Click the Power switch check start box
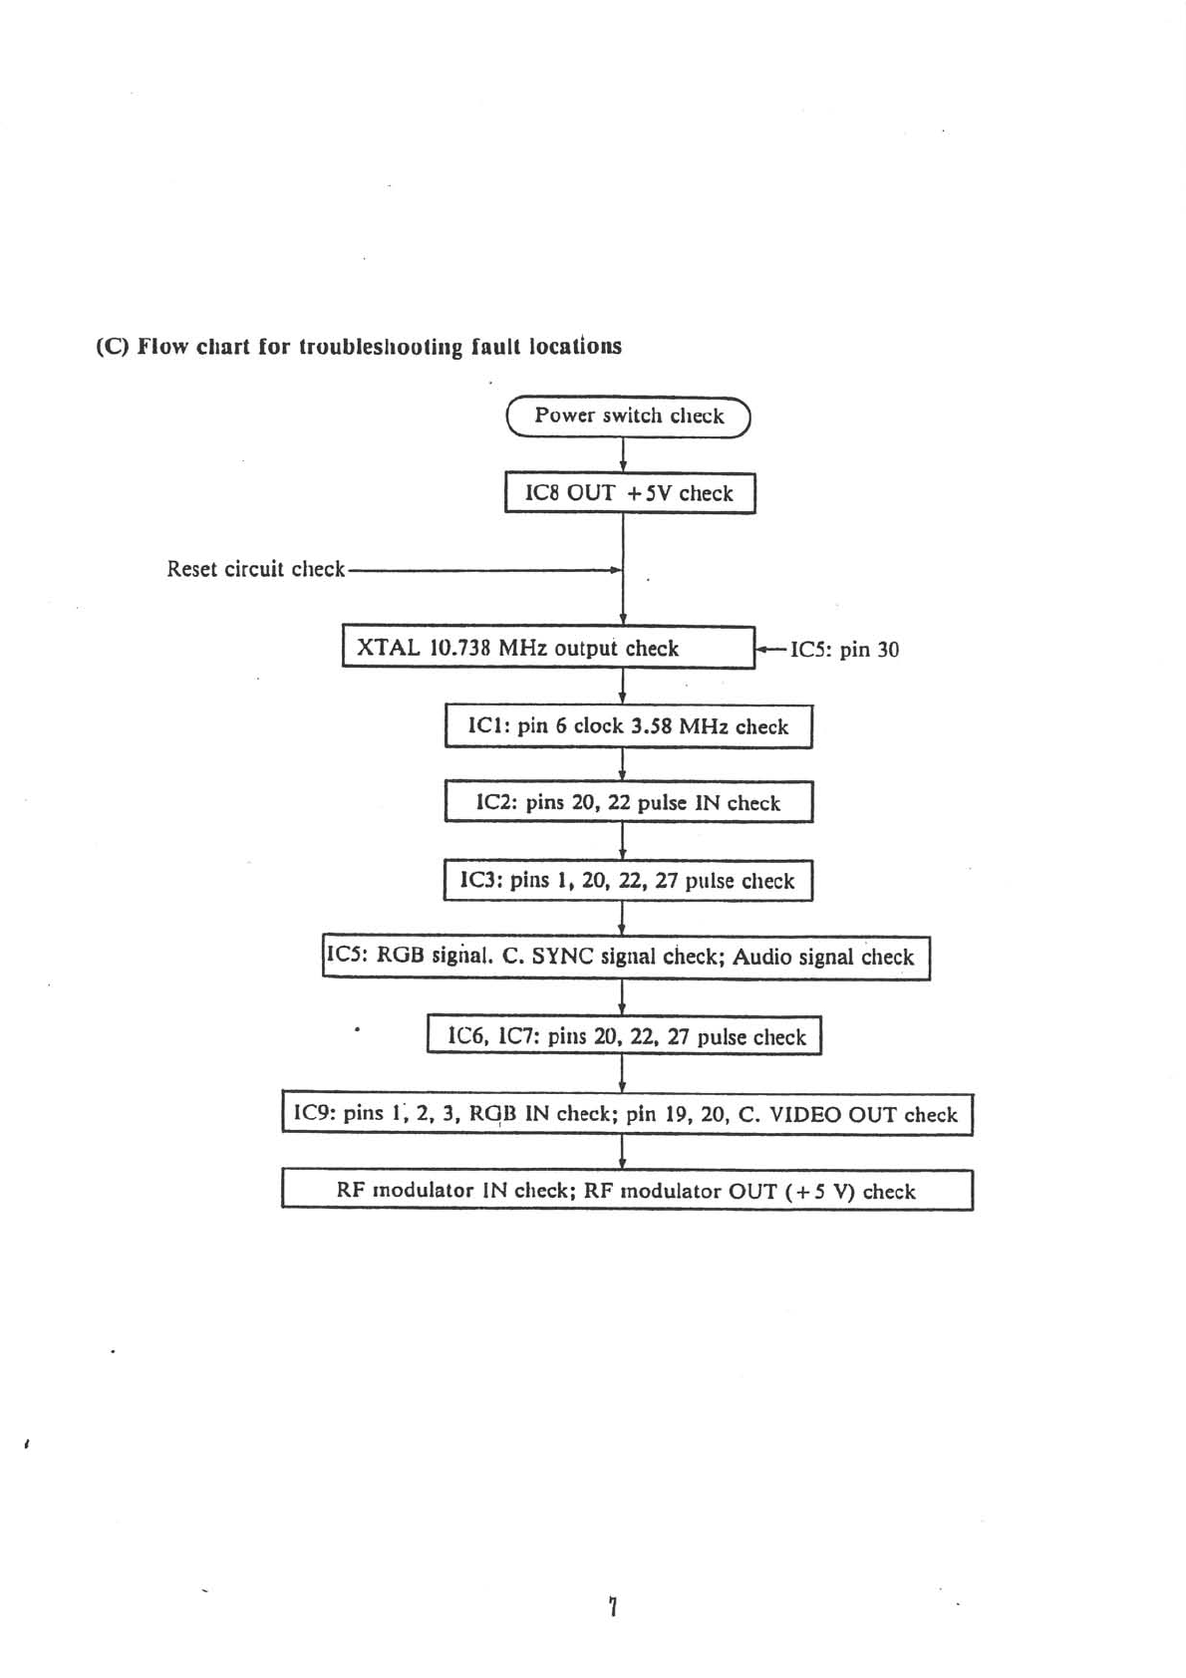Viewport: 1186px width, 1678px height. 628,417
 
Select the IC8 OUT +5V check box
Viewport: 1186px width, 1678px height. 629,493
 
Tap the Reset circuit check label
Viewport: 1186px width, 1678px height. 255,569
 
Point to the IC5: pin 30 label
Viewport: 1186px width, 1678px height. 843,650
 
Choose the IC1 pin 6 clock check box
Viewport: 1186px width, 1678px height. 628,726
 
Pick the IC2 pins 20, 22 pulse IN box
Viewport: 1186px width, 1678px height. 628,803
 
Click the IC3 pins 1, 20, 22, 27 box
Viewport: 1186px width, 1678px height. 628,881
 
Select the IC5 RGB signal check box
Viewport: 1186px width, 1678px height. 626,957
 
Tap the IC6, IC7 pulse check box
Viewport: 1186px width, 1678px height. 624,1036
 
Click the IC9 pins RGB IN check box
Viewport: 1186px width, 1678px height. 626,1114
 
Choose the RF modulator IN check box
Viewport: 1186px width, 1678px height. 626,1191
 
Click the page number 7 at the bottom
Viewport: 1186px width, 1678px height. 613,1606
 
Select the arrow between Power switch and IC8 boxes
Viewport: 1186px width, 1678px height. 623,454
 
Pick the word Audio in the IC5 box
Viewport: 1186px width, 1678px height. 762,957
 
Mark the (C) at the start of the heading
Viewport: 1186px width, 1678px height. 113,347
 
